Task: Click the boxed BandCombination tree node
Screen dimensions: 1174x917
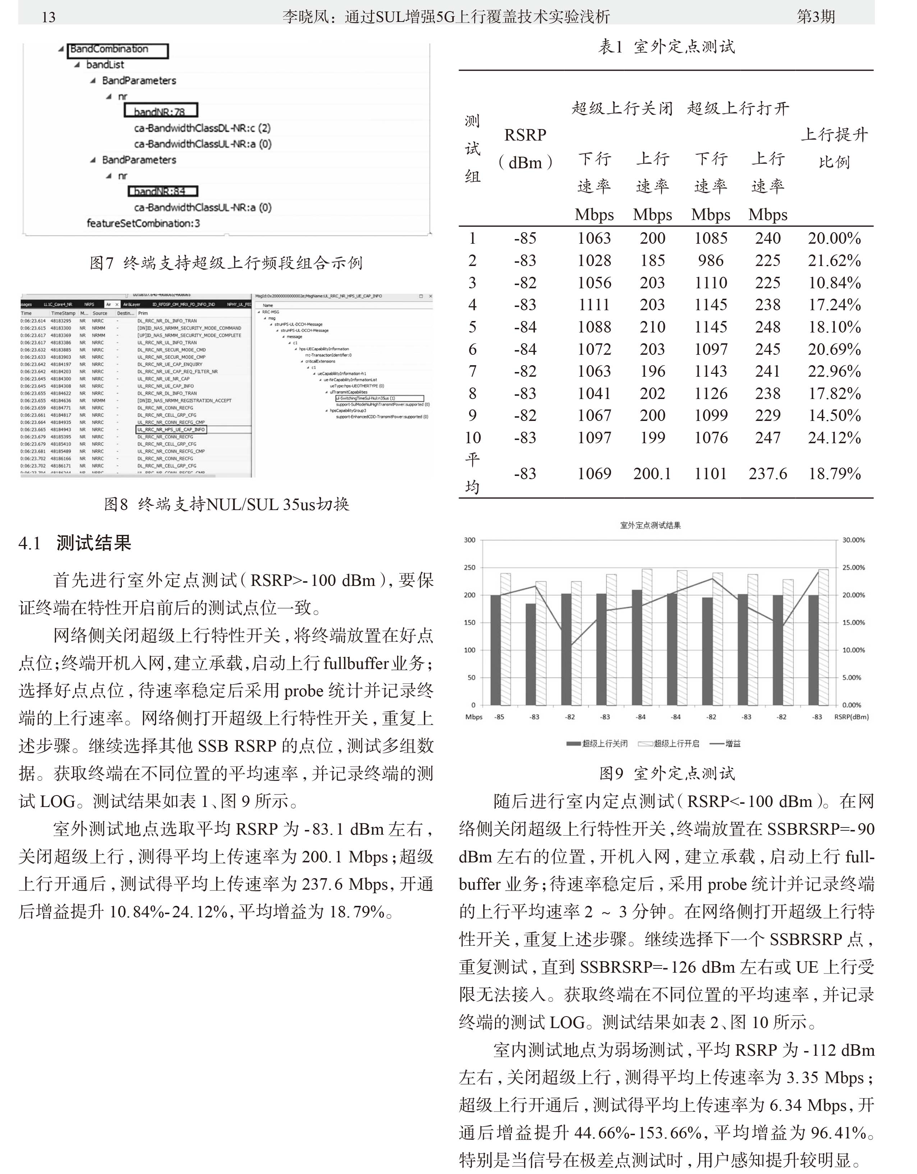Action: coord(117,50)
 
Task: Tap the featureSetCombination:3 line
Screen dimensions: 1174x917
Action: coord(143,223)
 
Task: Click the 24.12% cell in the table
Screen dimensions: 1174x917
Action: coord(834,437)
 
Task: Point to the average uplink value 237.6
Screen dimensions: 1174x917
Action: coord(767,473)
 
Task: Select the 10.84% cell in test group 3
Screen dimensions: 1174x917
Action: coord(834,283)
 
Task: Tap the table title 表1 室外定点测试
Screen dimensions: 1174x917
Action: coord(666,47)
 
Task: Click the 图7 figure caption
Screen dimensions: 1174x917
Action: coord(226,263)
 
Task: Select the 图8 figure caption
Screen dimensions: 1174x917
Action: coord(226,504)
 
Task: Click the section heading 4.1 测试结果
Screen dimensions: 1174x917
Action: coord(75,543)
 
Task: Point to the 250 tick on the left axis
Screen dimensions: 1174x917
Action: coord(469,568)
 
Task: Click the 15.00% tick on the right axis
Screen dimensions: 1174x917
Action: coord(853,623)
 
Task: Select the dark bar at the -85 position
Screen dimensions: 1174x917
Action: coord(495,650)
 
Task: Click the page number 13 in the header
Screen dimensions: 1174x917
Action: coord(49,17)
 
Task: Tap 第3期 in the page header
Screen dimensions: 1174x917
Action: coord(815,17)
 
